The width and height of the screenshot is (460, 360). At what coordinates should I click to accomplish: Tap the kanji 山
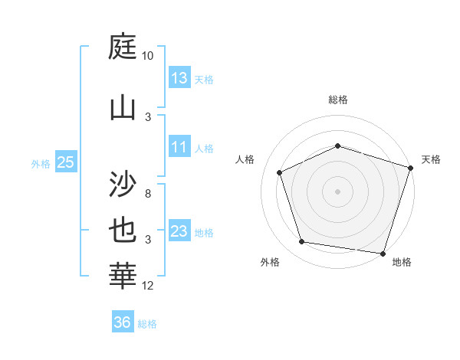click(124, 107)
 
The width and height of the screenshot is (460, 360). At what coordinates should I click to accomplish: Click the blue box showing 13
click(179, 78)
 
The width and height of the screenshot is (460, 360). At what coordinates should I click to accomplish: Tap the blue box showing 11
click(179, 148)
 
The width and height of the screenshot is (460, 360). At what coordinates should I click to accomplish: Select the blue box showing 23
click(179, 231)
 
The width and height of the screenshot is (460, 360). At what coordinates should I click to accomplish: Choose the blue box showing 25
click(66, 162)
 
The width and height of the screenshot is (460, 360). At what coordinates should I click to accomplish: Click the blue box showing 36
click(123, 322)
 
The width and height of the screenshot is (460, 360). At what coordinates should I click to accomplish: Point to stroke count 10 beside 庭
click(148, 56)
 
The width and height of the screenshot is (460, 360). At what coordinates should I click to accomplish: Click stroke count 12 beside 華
click(148, 286)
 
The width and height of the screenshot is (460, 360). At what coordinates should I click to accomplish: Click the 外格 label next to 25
click(41, 163)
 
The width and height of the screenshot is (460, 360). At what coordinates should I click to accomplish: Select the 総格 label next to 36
click(147, 324)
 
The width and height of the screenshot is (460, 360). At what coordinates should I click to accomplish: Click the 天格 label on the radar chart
click(431, 159)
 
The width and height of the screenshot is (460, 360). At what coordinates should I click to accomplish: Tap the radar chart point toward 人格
click(280, 172)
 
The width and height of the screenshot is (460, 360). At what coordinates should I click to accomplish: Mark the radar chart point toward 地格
click(382, 253)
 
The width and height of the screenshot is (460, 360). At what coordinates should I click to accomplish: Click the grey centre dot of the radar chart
click(337, 191)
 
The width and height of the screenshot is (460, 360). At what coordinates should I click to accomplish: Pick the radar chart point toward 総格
click(337, 146)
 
